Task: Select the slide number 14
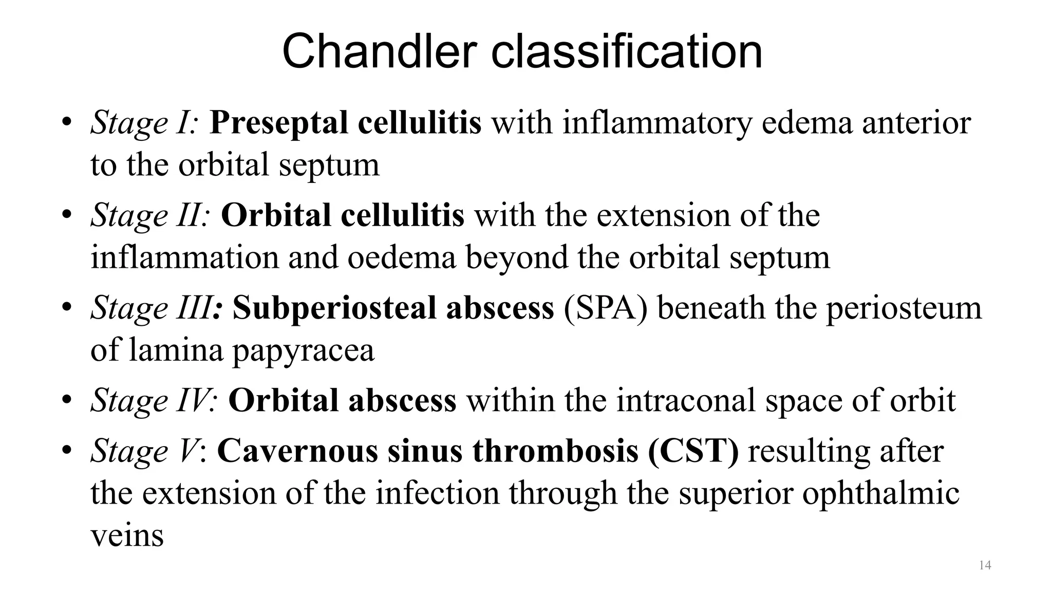point(985,565)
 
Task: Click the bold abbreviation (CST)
point(693,451)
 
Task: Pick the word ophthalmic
point(880,493)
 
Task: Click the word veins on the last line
point(127,535)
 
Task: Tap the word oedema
point(402,258)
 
